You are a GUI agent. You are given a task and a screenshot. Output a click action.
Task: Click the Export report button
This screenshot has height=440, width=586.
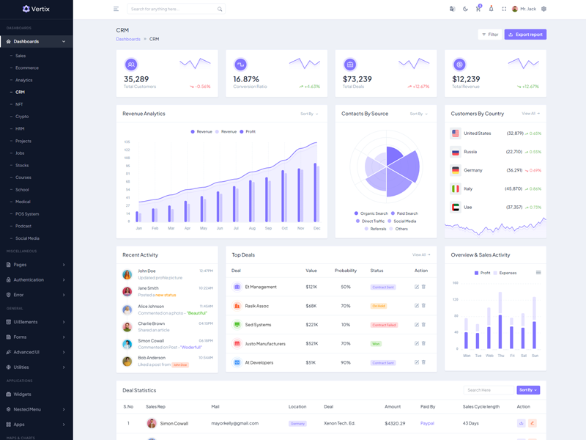(x=525, y=34)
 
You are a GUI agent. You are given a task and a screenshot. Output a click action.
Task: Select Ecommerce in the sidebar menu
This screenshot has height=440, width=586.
(x=27, y=67)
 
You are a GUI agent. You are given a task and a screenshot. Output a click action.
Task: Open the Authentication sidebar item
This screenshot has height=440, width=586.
(x=29, y=279)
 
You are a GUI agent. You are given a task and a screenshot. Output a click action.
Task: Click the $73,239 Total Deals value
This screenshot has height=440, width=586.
(x=357, y=79)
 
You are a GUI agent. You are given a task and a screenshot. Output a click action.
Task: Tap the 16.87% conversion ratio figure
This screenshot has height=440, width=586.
(x=246, y=79)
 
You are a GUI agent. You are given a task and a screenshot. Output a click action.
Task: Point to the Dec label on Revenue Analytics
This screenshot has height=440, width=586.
(x=317, y=228)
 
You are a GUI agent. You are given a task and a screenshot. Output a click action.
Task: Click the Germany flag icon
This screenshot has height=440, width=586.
(x=456, y=170)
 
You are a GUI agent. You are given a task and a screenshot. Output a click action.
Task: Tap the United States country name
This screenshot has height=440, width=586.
(x=478, y=133)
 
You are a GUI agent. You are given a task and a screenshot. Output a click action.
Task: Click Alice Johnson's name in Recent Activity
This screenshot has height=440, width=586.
(x=151, y=306)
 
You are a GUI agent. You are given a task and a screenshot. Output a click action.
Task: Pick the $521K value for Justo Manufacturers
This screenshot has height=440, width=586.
(x=311, y=343)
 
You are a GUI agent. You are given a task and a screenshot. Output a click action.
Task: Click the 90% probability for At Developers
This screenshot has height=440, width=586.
(x=346, y=362)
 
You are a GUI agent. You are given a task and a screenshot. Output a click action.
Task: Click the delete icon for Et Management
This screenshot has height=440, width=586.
(x=423, y=287)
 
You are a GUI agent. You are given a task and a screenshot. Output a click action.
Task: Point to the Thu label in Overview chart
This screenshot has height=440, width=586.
(x=501, y=356)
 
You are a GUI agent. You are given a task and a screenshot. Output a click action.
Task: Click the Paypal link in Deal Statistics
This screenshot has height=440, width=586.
(x=427, y=423)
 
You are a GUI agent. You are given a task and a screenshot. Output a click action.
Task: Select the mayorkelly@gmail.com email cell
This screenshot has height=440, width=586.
(x=234, y=423)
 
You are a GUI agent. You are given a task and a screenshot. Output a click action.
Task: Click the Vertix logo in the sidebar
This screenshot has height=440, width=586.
(x=36, y=9)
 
